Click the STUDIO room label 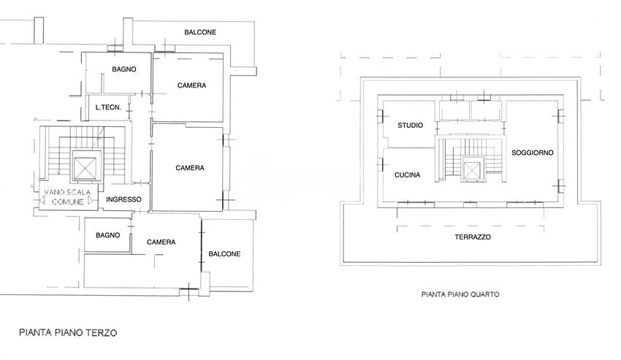[x=411, y=125]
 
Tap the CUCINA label [x=407, y=175]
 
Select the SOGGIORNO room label [x=533, y=153]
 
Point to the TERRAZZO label [x=473, y=237]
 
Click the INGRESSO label [x=123, y=199]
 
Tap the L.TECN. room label [x=108, y=107]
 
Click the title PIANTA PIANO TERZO [x=68, y=332]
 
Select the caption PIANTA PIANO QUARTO [x=460, y=294]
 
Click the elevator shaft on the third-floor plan [x=85, y=168]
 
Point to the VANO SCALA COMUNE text [x=67, y=197]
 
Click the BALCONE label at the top [x=200, y=32]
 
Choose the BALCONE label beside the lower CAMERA [x=224, y=254]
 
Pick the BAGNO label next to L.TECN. [x=124, y=69]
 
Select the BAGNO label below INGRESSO [x=107, y=235]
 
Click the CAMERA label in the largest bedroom [x=190, y=168]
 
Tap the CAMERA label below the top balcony [x=191, y=85]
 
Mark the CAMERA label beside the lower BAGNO [x=161, y=242]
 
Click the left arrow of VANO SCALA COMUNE [x=41, y=200]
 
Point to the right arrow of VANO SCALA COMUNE [x=91, y=201]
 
